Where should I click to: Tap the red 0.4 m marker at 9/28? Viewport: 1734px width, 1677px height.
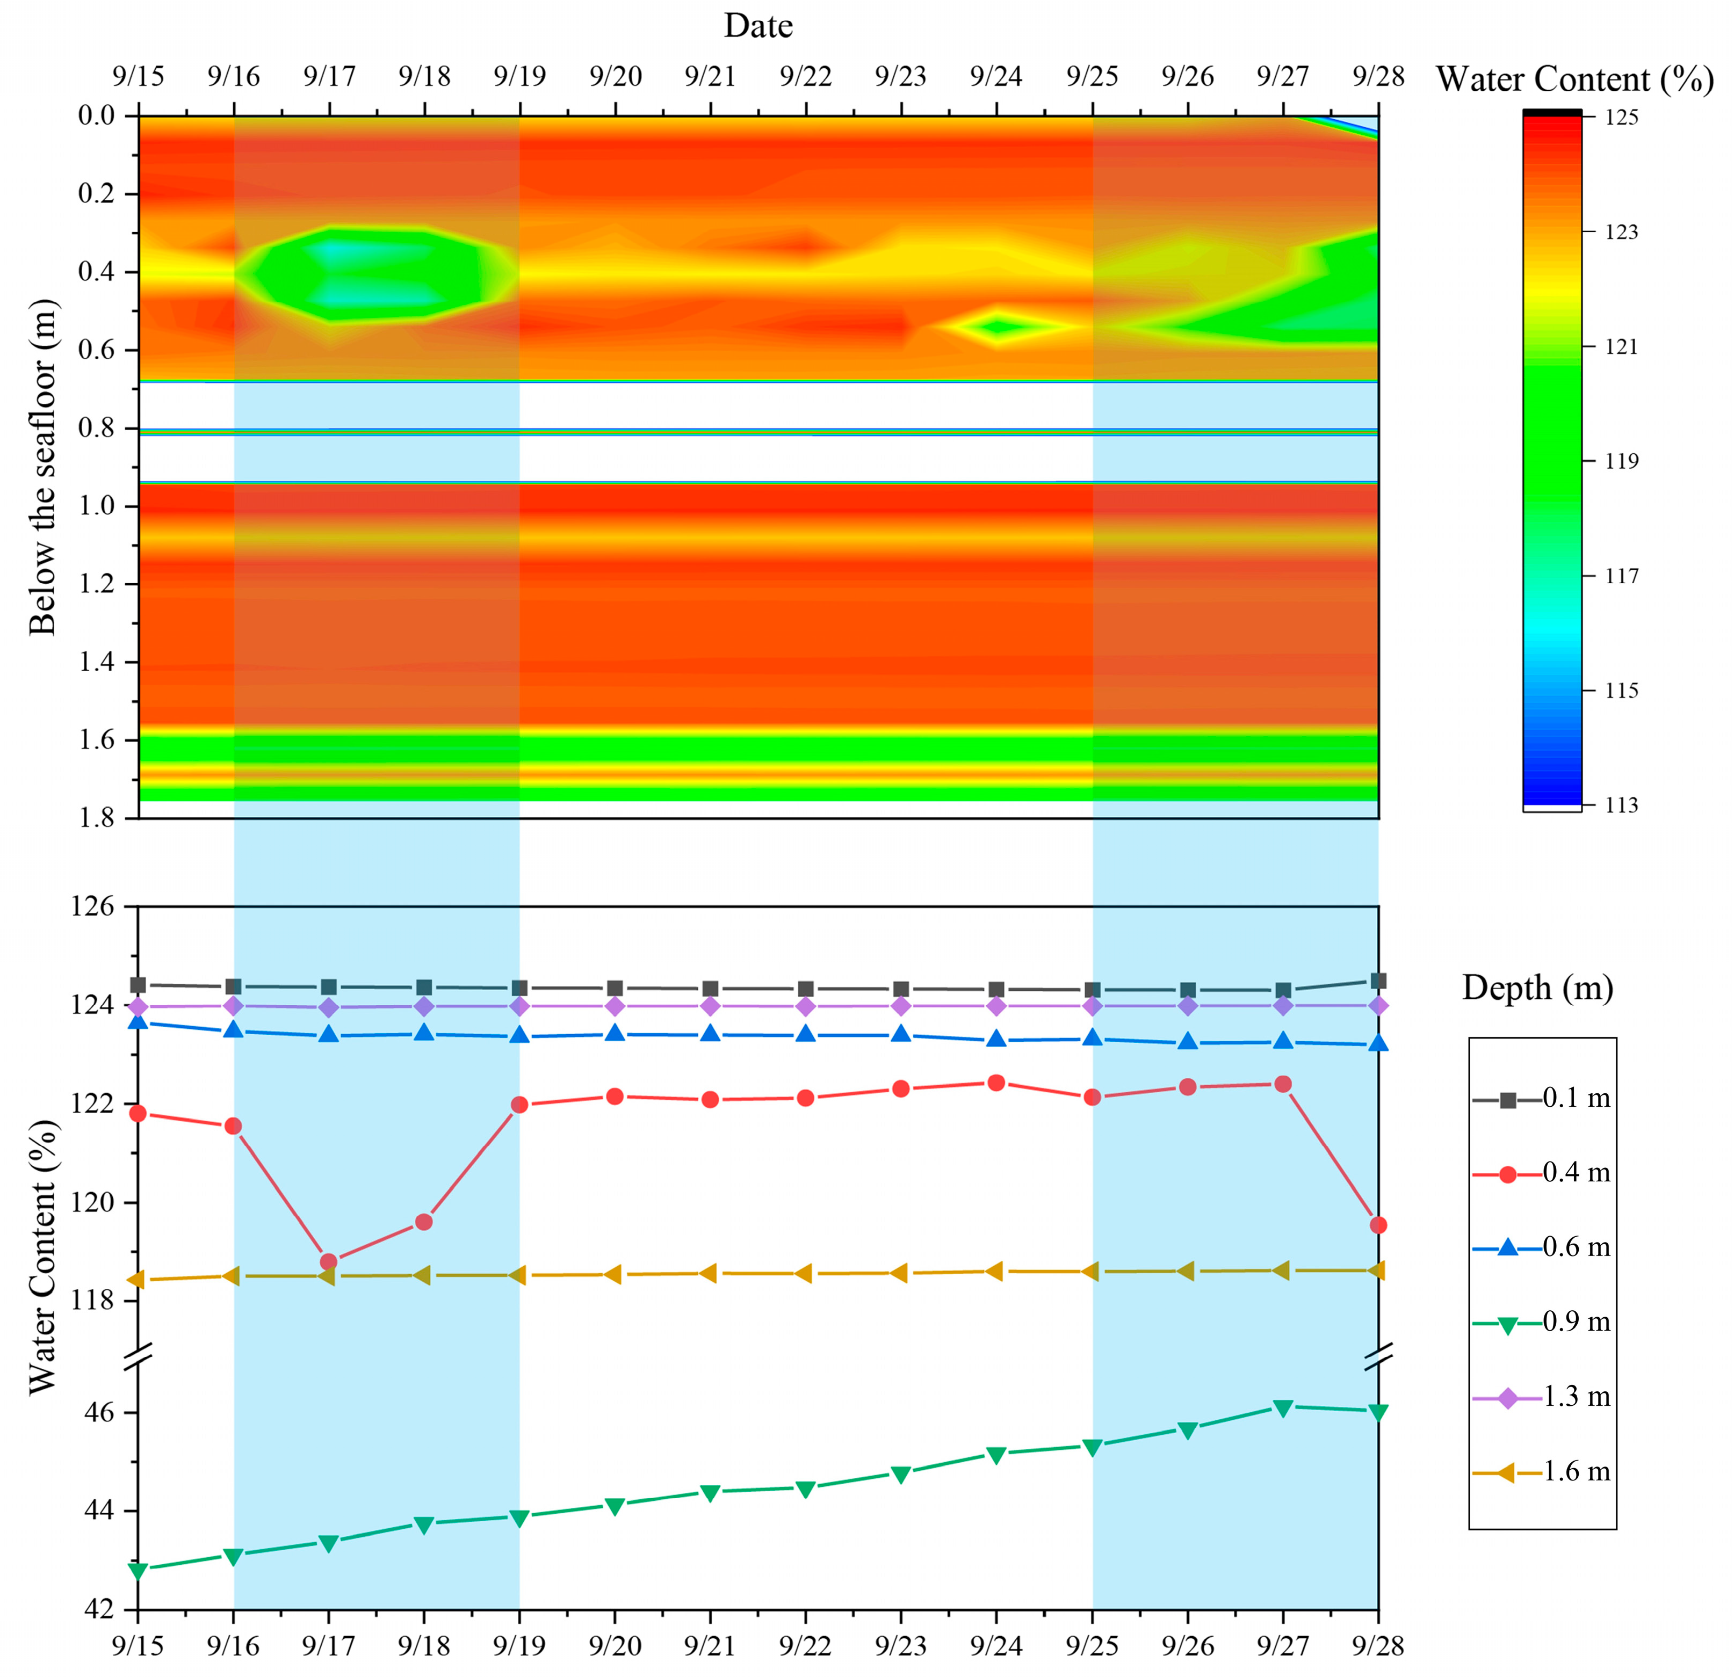[x=1377, y=1225]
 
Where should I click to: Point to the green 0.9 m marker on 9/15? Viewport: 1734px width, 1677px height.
[x=138, y=1571]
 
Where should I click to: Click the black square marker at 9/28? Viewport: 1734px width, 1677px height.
[x=1377, y=981]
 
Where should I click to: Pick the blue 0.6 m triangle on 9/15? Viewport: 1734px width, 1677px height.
[x=138, y=1021]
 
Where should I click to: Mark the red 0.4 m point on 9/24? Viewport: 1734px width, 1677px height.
[x=996, y=1083]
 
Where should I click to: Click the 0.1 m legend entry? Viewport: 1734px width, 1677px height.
[x=1541, y=1099]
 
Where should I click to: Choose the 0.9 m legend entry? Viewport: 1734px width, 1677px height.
[x=1541, y=1323]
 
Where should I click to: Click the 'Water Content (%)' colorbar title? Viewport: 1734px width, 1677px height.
[x=1575, y=79]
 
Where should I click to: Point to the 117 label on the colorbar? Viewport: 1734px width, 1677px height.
[x=1622, y=576]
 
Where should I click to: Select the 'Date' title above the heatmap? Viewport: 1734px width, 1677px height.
[x=758, y=26]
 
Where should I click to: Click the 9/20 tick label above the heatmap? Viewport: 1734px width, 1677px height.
[x=616, y=77]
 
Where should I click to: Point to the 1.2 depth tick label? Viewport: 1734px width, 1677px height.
[x=97, y=584]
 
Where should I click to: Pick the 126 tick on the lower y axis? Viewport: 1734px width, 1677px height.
[x=93, y=906]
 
